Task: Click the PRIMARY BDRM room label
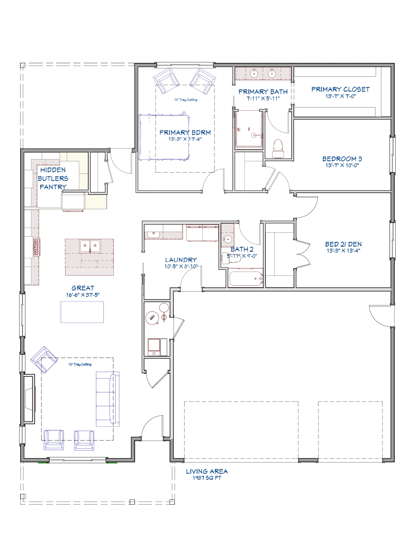[x=185, y=132]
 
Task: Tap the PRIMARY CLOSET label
[x=340, y=89]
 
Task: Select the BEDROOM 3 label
[x=342, y=158]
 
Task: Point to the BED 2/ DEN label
[x=343, y=244]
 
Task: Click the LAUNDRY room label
[x=181, y=260]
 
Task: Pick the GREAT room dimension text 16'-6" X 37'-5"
[x=83, y=295]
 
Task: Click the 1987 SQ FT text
[x=207, y=478]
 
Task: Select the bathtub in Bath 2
[x=246, y=279]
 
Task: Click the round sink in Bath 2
[x=228, y=239]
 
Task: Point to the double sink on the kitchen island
[x=90, y=246]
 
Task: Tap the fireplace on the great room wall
[x=29, y=399]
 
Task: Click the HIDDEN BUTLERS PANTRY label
[x=53, y=178]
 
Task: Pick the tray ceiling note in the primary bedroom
[x=186, y=100]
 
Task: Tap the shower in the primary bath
[x=249, y=129]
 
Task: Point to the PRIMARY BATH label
[x=263, y=92]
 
